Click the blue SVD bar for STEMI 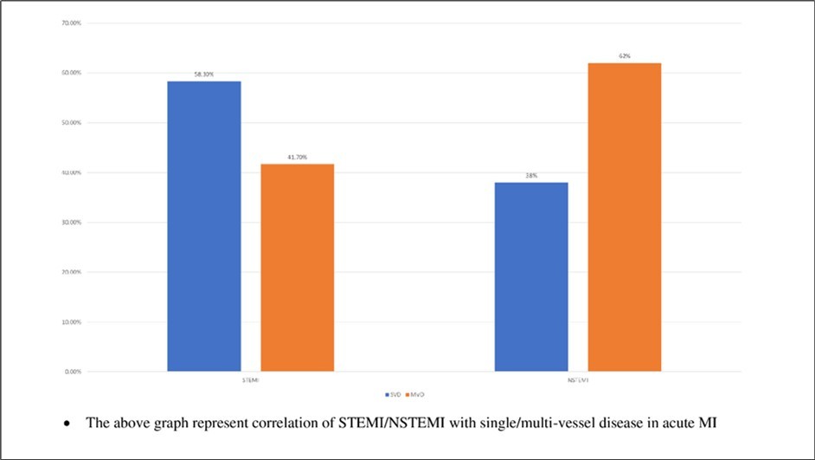click(204, 226)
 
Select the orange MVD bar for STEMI click(297, 268)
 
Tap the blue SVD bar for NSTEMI click(531, 276)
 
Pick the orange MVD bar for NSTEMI click(624, 217)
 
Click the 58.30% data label click(204, 75)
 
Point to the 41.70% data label click(297, 158)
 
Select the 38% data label click(531, 176)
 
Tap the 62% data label click(624, 56)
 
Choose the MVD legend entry click(420, 394)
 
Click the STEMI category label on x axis click(251, 380)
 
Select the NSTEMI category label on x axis click(578, 380)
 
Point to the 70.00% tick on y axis click(71, 23)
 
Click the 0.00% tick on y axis click(73, 372)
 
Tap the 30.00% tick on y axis click(71, 223)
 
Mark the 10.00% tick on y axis click(71, 322)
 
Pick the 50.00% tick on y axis click(71, 123)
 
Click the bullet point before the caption click(67, 424)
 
